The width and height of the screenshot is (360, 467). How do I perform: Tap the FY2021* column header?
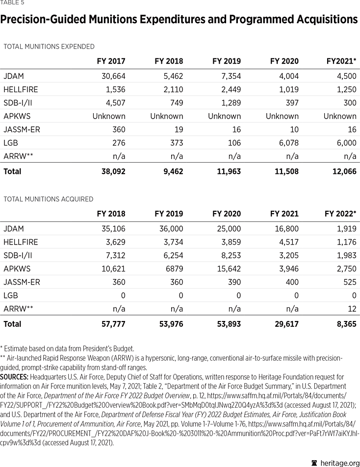341,61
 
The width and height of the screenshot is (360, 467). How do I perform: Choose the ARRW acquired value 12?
352,308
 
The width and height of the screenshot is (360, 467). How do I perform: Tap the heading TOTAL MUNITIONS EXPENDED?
49,47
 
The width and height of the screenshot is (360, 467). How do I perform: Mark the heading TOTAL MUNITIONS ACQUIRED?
48,199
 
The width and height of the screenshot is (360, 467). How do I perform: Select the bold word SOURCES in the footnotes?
14,377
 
